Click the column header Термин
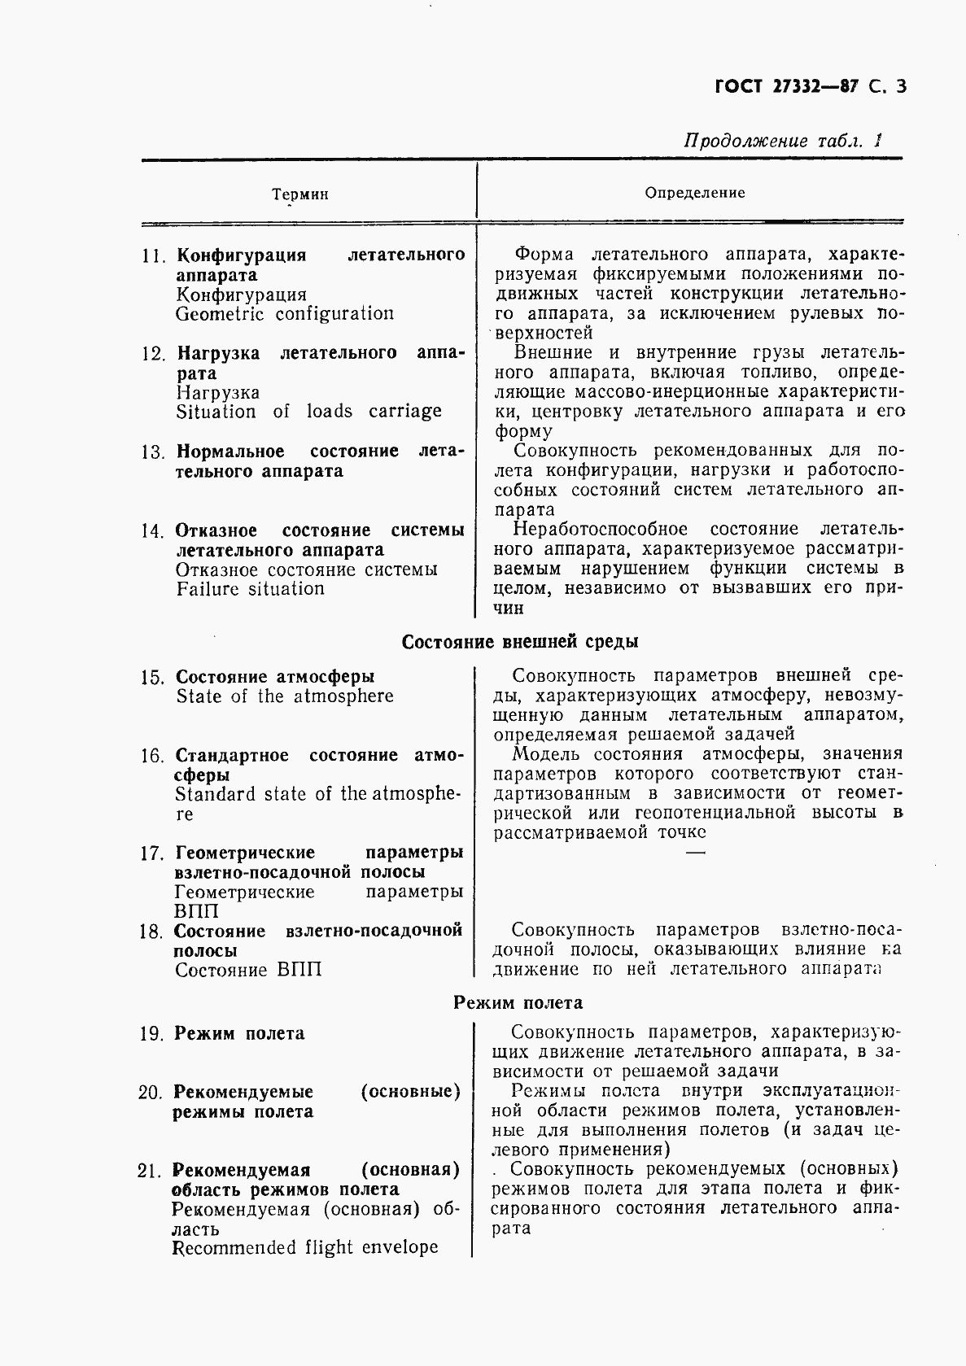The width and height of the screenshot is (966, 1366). pyautogui.click(x=300, y=194)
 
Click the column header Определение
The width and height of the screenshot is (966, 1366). pyautogui.click(x=694, y=193)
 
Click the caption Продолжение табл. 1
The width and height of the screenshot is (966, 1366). pyautogui.click(x=782, y=141)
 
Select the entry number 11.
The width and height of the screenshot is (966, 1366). pyautogui.click(x=153, y=255)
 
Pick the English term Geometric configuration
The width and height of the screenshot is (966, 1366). pyautogui.click(x=285, y=314)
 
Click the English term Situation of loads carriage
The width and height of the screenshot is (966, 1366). pyautogui.click(x=308, y=412)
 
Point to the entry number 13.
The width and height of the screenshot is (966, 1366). pyautogui.click(x=153, y=452)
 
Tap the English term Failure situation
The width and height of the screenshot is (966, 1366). pyautogui.click(x=250, y=589)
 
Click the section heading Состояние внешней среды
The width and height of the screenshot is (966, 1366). pyautogui.click(x=520, y=642)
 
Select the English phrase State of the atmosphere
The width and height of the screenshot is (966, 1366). pyautogui.click(x=285, y=696)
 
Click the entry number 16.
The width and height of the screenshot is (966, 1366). pyautogui.click(x=152, y=756)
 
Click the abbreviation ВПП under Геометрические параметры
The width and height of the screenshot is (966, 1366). pyautogui.click(x=196, y=912)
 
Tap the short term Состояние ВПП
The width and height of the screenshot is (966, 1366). pyautogui.click(x=248, y=970)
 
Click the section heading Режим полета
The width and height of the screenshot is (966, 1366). pyautogui.click(x=518, y=1003)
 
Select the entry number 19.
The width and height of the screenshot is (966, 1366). pyautogui.click(x=152, y=1034)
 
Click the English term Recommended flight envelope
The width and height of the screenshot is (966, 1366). pyautogui.click(x=305, y=1247)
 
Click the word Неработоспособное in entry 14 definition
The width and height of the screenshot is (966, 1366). pyautogui.click(x=601, y=530)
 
